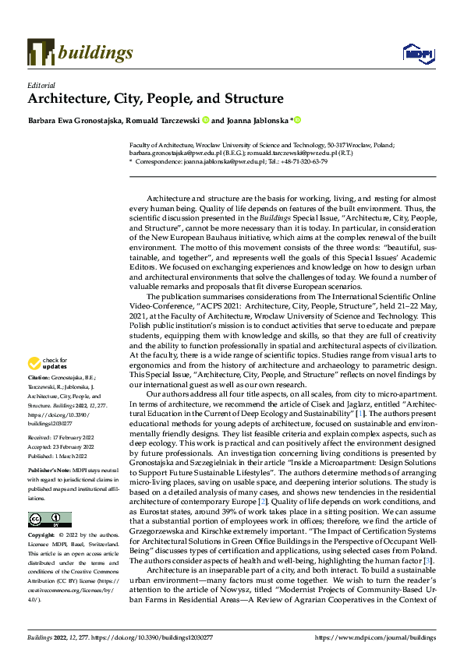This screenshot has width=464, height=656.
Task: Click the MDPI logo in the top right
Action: [x=417, y=53]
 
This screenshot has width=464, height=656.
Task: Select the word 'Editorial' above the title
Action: [x=41, y=84]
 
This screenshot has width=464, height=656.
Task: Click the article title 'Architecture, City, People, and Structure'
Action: [x=156, y=99]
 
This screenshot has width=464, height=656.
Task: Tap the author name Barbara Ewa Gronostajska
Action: [x=73, y=121]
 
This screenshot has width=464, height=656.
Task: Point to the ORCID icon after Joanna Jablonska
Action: [x=297, y=121]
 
